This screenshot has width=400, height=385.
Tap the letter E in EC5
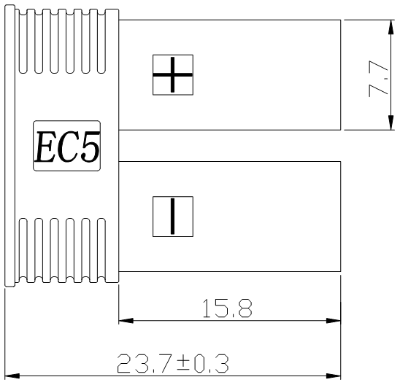45,147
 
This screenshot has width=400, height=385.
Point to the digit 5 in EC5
89,147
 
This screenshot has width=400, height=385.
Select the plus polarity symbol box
172,74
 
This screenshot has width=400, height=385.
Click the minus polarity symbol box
172,216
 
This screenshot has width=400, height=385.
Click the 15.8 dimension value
226,308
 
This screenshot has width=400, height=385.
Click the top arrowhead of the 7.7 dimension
392,25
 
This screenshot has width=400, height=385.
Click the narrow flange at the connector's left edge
9,146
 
